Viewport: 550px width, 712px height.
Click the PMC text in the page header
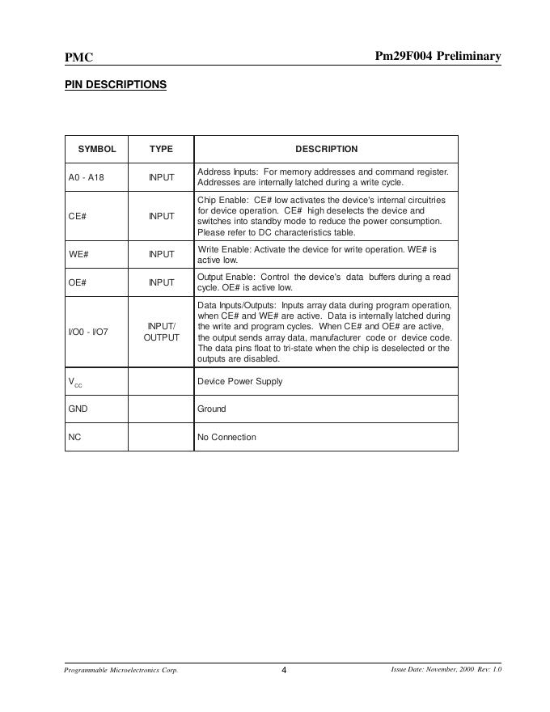click(x=78, y=57)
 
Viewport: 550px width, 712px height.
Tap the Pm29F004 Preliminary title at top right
click(x=438, y=56)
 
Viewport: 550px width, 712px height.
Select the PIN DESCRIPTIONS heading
click(x=116, y=85)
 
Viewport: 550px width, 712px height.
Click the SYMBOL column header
click(x=97, y=149)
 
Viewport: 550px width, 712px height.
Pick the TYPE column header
click(x=161, y=149)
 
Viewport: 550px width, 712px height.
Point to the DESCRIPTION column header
click(x=326, y=149)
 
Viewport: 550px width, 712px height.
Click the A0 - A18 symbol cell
click(x=87, y=177)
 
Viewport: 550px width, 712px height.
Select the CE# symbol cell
click(x=78, y=216)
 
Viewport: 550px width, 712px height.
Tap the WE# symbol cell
click(x=78, y=254)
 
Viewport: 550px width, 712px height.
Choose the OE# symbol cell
click(x=78, y=282)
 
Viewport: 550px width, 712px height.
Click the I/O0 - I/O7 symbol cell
click(x=88, y=332)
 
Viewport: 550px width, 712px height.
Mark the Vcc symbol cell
click(x=75, y=382)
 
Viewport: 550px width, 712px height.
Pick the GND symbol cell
click(x=78, y=409)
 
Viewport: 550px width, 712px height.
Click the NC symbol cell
click(x=74, y=437)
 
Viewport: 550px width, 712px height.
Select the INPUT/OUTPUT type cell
click(x=161, y=332)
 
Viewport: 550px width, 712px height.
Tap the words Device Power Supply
click(x=240, y=381)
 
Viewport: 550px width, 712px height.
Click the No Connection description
click(x=226, y=437)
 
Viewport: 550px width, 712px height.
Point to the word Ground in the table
click(x=212, y=409)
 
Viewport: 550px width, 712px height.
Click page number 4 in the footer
click(x=284, y=670)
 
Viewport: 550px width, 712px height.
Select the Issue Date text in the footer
click(x=446, y=670)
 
